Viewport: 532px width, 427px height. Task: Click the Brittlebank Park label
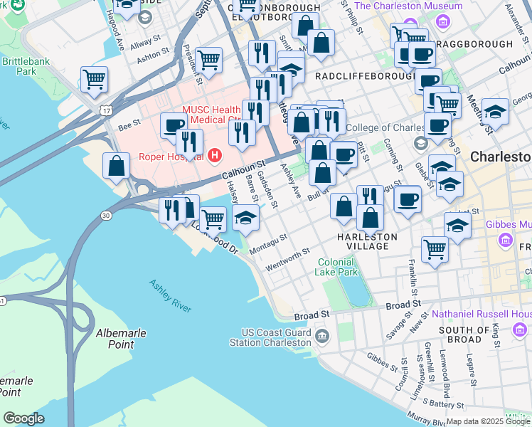tap(19, 66)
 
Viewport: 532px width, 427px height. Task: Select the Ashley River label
tap(170, 293)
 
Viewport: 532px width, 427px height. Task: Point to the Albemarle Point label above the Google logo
tap(105, 339)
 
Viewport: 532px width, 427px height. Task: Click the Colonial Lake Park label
tap(337, 267)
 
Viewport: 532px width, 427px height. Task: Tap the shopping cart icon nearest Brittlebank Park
tap(94, 79)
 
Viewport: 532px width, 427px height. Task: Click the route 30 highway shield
tap(106, 214)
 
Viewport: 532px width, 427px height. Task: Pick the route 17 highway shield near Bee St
tap(106, 111)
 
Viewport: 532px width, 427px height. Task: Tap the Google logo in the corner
tap(23, 418)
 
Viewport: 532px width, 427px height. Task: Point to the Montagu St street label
tap(268, 242)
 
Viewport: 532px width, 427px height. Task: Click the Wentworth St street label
tap(287, 259)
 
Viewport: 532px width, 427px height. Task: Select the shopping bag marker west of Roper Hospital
tap(116, 166)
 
